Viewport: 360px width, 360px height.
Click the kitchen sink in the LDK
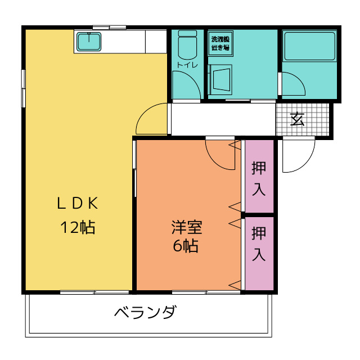(x=88, y=41)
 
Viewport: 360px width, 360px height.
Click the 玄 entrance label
(x=298, y=119)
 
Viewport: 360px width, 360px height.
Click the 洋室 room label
(x=186, y=227)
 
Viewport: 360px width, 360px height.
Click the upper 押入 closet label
(x=259, y=178)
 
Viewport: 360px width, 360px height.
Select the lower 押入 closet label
(x=259, y=244)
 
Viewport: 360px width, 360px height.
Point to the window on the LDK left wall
(x=23, y=87)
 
